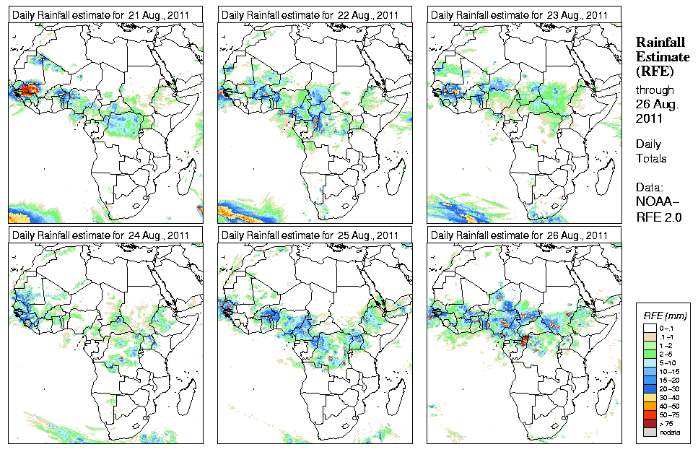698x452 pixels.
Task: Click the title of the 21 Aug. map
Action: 101,15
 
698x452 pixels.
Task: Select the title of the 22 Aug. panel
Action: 310,15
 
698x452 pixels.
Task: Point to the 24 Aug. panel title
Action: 101,235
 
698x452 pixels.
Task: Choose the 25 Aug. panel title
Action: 310,235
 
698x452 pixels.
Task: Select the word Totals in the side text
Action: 650,158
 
